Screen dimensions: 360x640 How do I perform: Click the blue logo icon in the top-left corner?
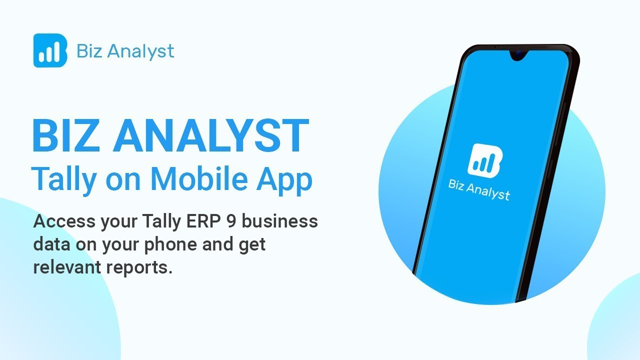point(50,50)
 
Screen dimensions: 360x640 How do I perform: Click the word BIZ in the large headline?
point(65,135)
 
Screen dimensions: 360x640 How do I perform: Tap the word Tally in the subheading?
point(62,178)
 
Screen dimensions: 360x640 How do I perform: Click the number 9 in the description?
point(230,221)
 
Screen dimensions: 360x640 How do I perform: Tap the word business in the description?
point(280,221)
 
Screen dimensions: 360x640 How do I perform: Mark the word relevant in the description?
point(67,267)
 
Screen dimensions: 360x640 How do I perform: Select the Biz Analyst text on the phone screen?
point(479,189)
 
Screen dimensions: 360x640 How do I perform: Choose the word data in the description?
point(52,244)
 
